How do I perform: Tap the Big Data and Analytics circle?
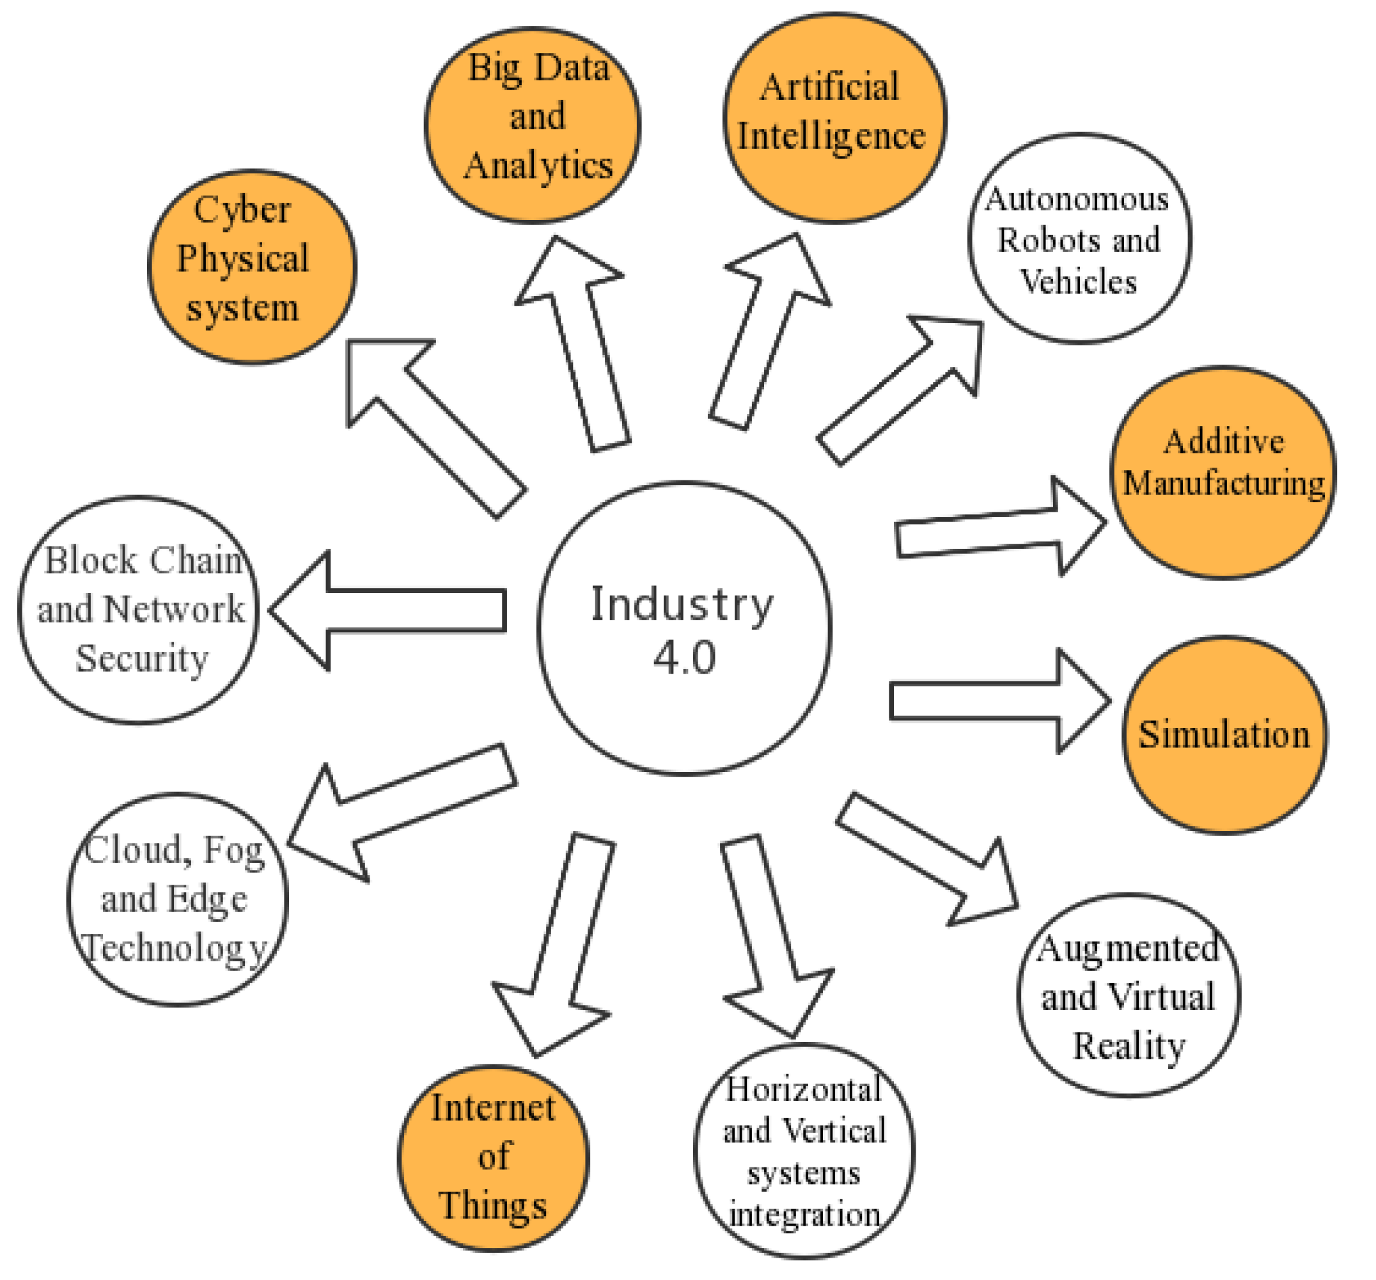pos(531,125)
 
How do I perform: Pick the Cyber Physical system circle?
pos(252,267)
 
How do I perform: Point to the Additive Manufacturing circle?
pos(1223,472)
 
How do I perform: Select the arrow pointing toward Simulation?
pos(997,700)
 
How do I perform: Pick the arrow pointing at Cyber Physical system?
pos(429,422)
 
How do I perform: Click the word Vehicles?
pos(1079,281)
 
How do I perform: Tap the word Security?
pos(141,658)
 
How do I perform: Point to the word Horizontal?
pos(803,1089)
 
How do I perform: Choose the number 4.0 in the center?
pos(684,658)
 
